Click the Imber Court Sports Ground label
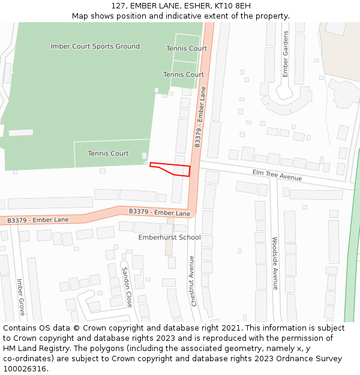[95, 46]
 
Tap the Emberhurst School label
[169, 238]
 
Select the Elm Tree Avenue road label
[277, 175]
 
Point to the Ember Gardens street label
[286, 54]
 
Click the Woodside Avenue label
[275, 262]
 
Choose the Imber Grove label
[20, 296]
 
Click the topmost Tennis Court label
[187, 49]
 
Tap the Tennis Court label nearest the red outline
[108, 154]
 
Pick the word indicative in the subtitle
[211, 16]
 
